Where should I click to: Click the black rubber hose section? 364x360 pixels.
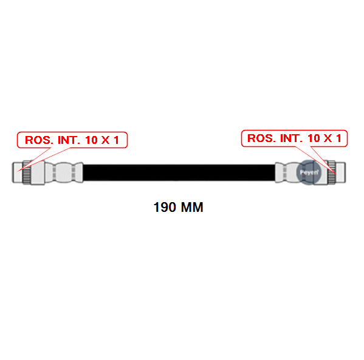coord(179,172)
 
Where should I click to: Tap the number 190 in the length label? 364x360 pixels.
coord(165,207)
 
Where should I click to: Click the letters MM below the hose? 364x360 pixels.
coord(192,207)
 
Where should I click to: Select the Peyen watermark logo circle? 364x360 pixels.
coord(309,172)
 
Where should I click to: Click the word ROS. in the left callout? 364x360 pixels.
coord(39,140)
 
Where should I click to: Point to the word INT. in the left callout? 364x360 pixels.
coord(69,140)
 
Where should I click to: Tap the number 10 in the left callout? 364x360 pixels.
coord(92,140)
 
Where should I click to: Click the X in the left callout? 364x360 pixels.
coord(105,140)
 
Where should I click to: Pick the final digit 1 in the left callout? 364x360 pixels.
coord(116,140)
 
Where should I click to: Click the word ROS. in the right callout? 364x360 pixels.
coord(261,138)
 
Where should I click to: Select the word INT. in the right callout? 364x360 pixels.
coord(291,138)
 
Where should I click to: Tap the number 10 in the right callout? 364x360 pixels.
coord(314,138)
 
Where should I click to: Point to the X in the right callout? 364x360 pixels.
coord(328,138)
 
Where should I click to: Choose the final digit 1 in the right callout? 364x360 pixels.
coord(338,138)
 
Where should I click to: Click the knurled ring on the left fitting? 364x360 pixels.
coord(27,172)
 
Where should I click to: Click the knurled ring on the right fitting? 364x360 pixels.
coord(332,172)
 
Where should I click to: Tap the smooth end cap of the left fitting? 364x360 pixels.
coord(18,172)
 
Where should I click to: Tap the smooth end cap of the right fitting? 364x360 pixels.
coord(340,172)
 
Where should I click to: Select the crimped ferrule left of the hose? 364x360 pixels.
coord(64,172)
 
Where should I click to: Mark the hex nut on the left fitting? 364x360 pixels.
coord(38,172)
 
